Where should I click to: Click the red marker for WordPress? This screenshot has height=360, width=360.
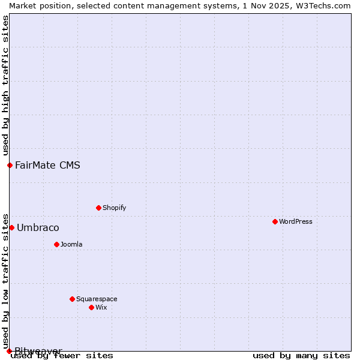[x=275, y=221]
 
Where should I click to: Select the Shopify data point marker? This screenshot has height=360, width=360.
[x=98, y=208]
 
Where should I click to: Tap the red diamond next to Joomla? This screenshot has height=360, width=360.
[x=56, y=244]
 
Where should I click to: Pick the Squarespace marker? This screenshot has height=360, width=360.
[x=72, y=299]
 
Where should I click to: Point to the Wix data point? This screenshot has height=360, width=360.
[x=91, y=307]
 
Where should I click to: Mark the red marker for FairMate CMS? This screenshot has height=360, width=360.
[x=10, y=165]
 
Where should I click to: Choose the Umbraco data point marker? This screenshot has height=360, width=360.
[x=11, y=227]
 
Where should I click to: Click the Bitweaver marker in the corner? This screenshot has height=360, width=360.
[x=9, y=351]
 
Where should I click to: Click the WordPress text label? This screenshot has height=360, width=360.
[x=295, y=221]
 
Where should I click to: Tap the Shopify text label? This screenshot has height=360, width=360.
[x=114, y=208]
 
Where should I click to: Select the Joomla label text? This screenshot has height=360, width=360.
[x=71, y=244]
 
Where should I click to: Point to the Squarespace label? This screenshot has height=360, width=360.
[x=97, y=299]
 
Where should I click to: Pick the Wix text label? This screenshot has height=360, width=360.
[x=101, y=307]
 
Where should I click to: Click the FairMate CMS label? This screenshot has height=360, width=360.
[x=47, y=165]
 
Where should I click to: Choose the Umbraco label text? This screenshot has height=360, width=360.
[x=38, y=227]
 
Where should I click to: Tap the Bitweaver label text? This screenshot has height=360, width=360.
[x=38, y=350]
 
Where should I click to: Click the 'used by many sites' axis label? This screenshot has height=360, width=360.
[x=301, y=355]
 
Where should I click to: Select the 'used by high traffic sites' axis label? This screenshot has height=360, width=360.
[x=5, y=86]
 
